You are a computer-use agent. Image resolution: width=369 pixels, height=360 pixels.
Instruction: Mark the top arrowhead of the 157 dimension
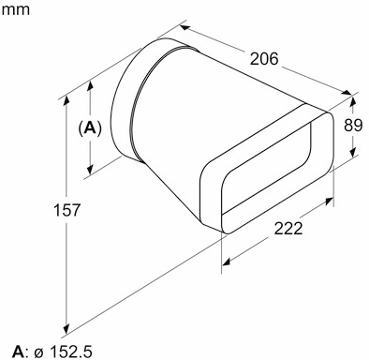click(x=69, y=95)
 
